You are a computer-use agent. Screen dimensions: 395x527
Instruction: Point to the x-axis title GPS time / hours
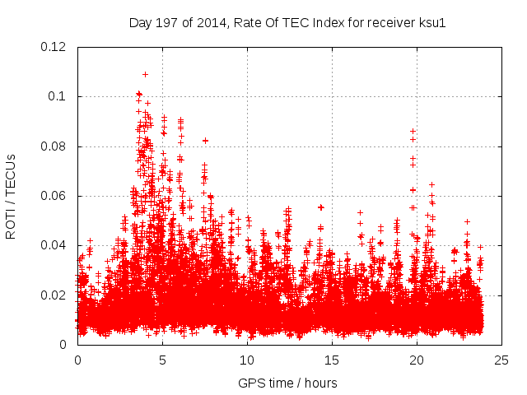[x=287, y=383]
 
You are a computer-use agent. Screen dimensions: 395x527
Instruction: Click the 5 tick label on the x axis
[x=162, y=360]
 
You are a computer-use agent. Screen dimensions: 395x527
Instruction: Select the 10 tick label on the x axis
[x=247, y=360]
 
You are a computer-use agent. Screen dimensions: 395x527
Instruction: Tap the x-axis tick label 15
[x=332, y=360]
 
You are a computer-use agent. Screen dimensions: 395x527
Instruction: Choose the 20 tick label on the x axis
[x=417, y=360]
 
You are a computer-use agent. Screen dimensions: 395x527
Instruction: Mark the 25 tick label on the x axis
[x=501, y=360]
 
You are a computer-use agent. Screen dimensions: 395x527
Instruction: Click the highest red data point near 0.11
[x=145, y=74]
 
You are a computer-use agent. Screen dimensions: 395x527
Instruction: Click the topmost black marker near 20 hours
[x=413, y=131]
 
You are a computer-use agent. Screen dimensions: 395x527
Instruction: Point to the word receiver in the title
[x=344, y=22]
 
